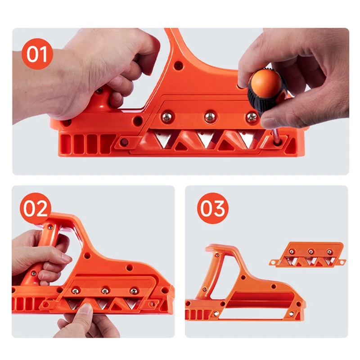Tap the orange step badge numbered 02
click(35, 209)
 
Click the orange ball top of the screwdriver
click(265, 82)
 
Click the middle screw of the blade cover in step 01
click(209, 117)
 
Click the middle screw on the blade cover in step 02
click(104, 291)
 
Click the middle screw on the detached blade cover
click(310, 252)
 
